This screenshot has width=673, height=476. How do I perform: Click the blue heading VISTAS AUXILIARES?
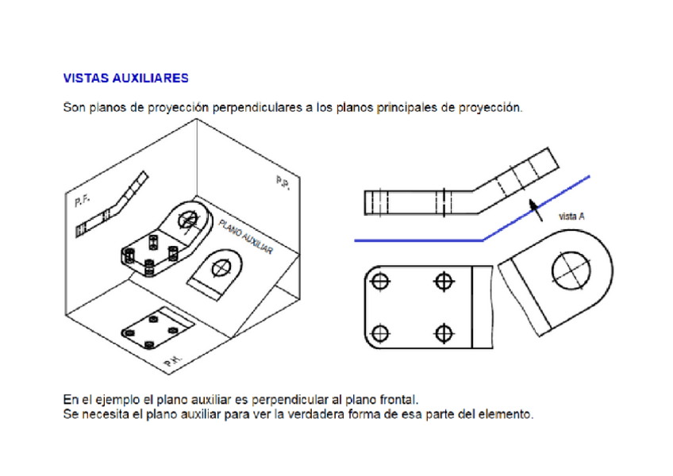[x=125, y=78]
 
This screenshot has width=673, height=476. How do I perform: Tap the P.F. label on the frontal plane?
[x=82, y=201]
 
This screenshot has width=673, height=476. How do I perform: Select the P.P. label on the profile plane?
[x=283, y=182]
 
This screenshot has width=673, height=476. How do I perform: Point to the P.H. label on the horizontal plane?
[x=173, y=361]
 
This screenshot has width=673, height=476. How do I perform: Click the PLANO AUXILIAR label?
[x=245, y=236]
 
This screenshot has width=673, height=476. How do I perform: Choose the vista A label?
[x=571, y=217]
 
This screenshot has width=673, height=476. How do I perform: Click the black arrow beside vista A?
[x=535, y=210]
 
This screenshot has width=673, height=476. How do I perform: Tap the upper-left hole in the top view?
[x=380, y=282]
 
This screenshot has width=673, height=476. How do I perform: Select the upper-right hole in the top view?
[x=444, y=282]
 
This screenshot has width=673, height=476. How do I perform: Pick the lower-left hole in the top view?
[x=380, y=333]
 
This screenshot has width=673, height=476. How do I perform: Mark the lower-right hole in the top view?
[x=444, y=333]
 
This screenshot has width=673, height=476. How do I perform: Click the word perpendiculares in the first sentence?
[x=257, y=107]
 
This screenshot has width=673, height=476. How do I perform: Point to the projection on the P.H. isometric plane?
[x=157, y=328]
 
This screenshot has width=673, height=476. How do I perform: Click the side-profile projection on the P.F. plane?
[x=112, y=205]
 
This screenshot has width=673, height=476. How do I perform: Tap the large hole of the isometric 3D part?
[x=187, y=221]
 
